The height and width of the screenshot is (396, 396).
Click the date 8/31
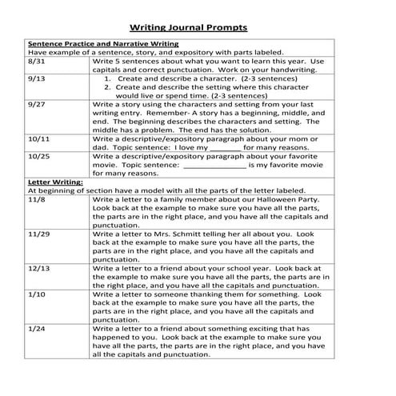(x=36, y=61)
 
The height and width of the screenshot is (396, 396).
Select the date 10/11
(x=38, y=138)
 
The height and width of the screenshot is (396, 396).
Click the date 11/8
(x=36, y=199)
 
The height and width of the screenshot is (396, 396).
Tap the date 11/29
(x=38, y=233)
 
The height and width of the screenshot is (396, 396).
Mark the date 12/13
(x=38, y=266)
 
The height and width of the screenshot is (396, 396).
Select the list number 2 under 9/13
(x=108, y=89)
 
